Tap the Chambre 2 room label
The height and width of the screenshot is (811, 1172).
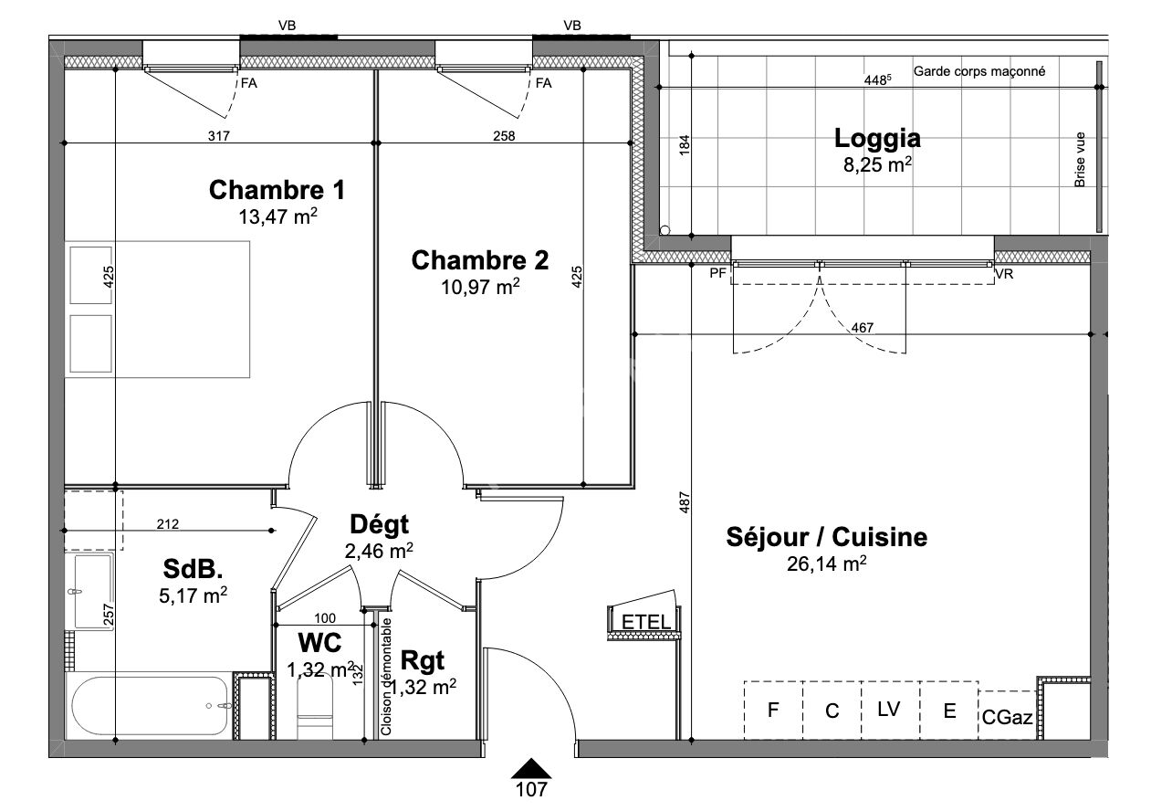[x=480, y=260]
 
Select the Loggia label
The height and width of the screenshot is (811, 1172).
[x=876, y=138]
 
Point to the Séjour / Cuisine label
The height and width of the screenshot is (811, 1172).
[x=826, y=537]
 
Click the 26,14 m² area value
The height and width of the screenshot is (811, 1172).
[x=826, y=564]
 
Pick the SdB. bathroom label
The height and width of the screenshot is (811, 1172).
[x=193, y=570]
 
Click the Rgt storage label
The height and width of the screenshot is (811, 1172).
[x=423, y=659]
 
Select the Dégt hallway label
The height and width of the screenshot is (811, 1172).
[x=379, y=524]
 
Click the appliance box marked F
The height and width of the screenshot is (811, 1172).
[x=772, y=710]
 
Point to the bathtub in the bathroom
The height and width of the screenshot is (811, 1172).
[x=150, y=705]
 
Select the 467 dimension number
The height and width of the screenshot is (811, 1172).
[x=863, y=328]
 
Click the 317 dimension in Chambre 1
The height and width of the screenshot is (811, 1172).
[x=217, y=137]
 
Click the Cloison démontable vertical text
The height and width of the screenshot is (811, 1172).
[x=386, y=677]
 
